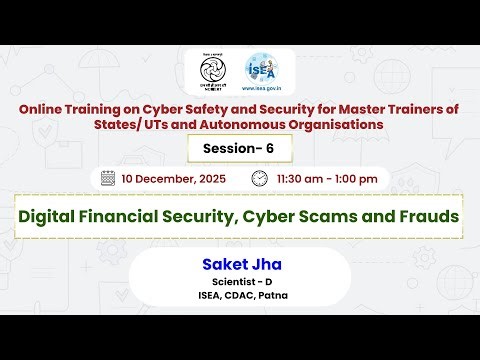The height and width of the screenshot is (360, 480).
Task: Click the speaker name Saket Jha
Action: pyautogui.click(x=238, y=264)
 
